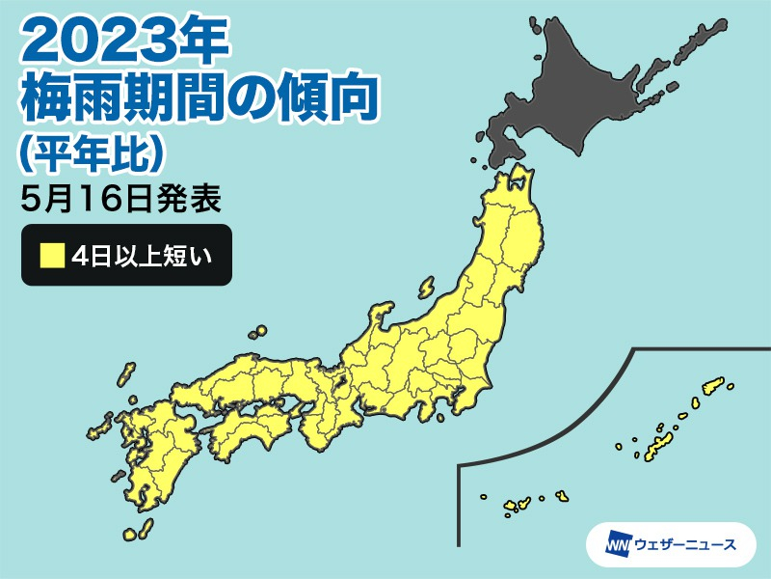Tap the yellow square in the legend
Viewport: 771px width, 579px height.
tap(52, 256)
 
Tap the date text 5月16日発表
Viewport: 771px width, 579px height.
tap(120, 200)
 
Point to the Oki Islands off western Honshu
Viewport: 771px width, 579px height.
tap(258, 333)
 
